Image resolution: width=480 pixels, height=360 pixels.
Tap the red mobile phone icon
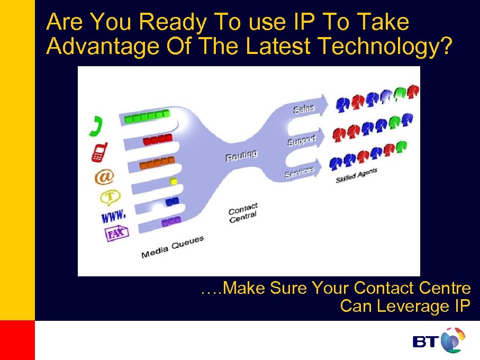[x=99, y=152]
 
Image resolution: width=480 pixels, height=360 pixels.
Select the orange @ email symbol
[x=104, y=176]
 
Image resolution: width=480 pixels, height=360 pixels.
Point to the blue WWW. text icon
[x=113, y=215]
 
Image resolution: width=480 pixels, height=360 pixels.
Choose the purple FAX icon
[x=116, y=233]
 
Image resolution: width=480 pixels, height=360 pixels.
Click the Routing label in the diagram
[x=241, y=156]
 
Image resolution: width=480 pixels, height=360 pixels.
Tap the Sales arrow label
[x=304, y=109]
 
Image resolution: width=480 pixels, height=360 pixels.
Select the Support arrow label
[x=302, y=140]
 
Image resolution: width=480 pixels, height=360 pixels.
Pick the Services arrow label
[x=300, y=172]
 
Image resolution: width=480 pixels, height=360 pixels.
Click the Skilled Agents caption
[x=356, y=176]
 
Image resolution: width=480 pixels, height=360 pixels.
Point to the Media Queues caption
[x=173, y=248]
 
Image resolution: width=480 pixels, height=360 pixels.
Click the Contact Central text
[x=243, y=212]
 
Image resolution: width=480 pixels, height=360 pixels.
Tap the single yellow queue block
[x=173, y=182]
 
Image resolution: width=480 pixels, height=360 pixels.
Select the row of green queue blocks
[x=147, y=116]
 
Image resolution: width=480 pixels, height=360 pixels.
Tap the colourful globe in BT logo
[x=452, y=340]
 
